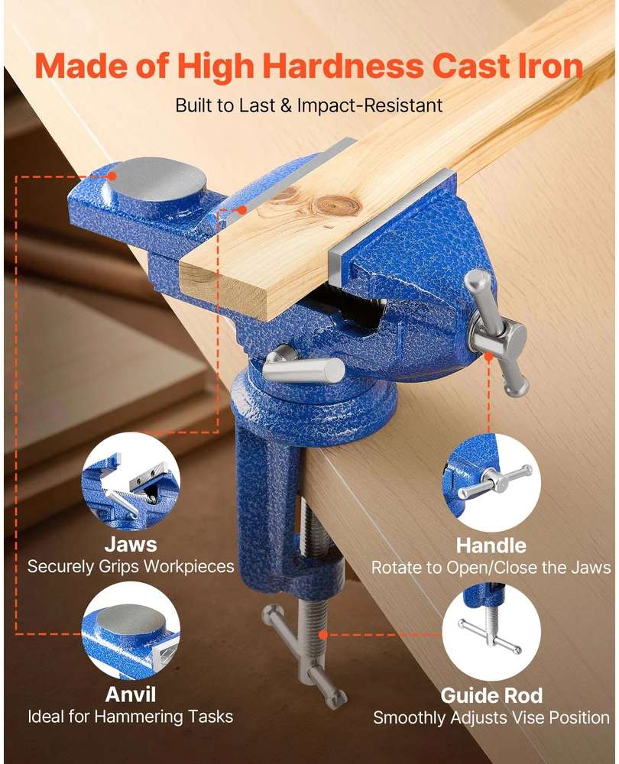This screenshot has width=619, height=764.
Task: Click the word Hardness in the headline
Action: point(343,66)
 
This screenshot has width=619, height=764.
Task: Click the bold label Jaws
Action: point(131,545)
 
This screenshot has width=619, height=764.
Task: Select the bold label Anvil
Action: point(131,694)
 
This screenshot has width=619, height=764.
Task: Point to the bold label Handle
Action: point(491,545)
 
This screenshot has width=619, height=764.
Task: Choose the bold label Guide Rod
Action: point(491,696)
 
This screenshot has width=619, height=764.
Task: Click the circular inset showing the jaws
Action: point(131,481)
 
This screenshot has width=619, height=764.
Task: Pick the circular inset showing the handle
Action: point(491,482)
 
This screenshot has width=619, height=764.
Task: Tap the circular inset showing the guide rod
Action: point(491,632)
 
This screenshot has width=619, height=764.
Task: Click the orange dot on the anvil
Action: point(112,176)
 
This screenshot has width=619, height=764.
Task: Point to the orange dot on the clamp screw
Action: point(323,634)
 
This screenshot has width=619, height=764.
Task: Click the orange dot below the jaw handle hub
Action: point(488,357)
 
